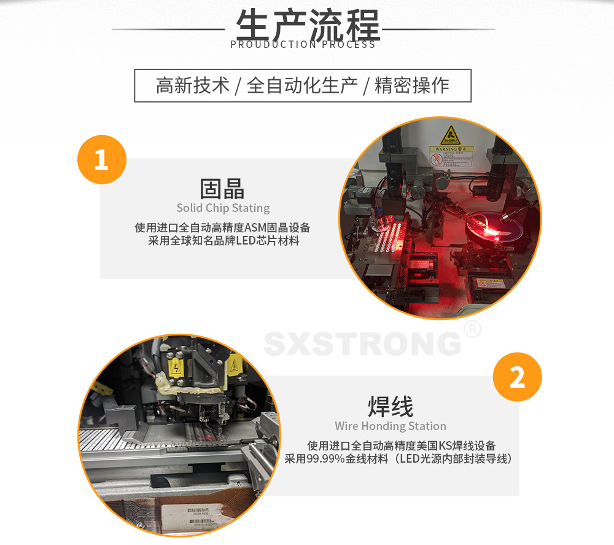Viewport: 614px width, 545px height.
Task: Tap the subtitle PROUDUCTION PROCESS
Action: (x=303, y=44)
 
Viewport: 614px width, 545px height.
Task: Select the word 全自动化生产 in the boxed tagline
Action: (x=302, y=85)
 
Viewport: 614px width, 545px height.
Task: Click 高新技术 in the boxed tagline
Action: (x=192, y=85)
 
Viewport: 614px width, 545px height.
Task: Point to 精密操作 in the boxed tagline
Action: (x=412, y=85)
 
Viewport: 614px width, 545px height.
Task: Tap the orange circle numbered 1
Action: (x=101, y=160)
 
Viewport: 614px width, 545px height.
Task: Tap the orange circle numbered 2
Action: (x=517, y=377)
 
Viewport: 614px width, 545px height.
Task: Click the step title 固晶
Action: (x=222, y=188)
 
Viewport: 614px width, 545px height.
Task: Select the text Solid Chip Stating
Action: (x=223, y=208)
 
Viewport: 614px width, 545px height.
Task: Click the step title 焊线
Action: (x=391, y=406)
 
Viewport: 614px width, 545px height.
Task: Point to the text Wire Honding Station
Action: (x=391, y=426)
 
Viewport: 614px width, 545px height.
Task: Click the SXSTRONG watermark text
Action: (x=362, y=343)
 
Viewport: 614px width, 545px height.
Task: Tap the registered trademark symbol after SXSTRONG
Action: (x=472, y=329)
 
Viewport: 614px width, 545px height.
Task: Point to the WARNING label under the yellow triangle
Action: (x=451, y=149)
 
